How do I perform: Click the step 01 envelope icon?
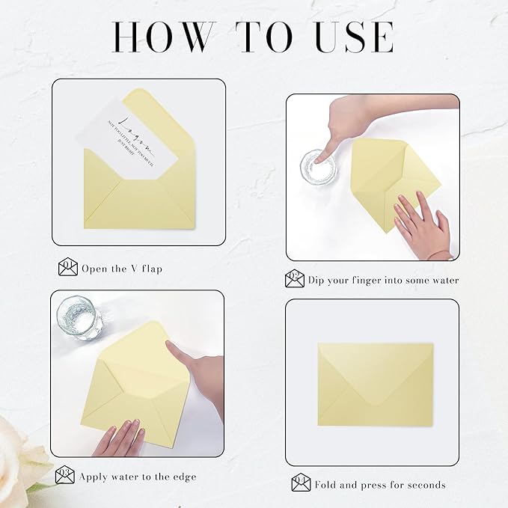(68, 267)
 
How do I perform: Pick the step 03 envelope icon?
(65, 474)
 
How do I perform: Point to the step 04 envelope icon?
(301, 483)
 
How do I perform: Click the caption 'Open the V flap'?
(122, 268)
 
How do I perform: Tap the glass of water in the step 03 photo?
(79, 317)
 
